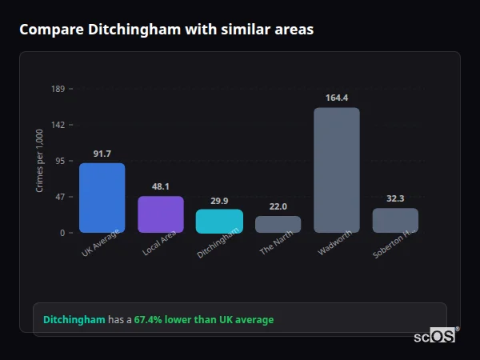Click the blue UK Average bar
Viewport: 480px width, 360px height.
coord(102,198)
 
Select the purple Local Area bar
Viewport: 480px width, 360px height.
coord(161,214)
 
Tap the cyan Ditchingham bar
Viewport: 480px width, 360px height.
coord(219,221)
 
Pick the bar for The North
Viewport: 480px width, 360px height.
coord(278,224)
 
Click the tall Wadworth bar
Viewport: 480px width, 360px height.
coord(337,170)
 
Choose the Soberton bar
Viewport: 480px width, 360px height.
coord(395,220)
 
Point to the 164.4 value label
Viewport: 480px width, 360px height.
coord(337,98)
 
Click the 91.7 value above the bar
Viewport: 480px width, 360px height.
coord(102,154)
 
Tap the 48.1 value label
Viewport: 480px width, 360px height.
coord(161,186)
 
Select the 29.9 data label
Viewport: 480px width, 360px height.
coord(219,201)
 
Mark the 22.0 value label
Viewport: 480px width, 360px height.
coord(278,206)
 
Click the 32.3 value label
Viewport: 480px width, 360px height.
coord(395,198)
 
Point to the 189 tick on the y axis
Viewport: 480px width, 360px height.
coord(58,89)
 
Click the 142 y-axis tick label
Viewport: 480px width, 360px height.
coord(58,125)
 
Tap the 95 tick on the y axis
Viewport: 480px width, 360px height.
coord(60,161)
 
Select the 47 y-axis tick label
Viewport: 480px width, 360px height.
coord(60,197)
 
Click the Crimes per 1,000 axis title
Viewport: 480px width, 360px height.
coord(40,161)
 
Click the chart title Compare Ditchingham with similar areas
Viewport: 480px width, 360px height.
coord(166,30)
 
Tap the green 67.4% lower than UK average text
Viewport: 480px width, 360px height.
coord(203,320)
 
